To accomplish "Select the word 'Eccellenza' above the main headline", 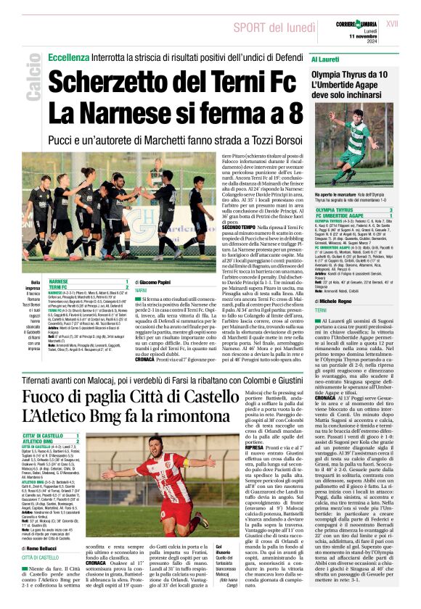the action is click(68, 56).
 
